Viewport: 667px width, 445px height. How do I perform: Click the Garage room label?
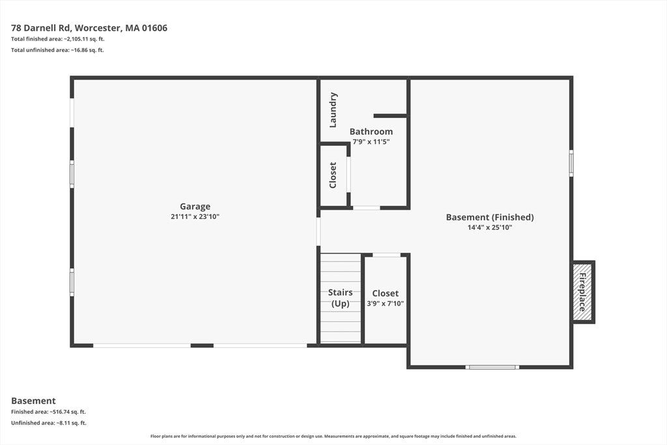point(195,207)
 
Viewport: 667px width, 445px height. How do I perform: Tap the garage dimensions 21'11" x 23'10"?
point(195,216)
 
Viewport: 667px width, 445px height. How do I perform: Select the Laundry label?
point(333,109)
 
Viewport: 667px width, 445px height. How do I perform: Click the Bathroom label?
point(371,132)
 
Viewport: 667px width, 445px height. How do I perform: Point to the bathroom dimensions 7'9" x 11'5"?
point(371,141)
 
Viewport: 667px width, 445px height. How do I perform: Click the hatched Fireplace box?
point(582,292)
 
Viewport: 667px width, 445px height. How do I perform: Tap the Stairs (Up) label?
point(340,298)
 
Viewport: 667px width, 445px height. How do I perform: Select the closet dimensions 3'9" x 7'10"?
point(386,304)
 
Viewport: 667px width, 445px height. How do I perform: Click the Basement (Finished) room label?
point(490,217)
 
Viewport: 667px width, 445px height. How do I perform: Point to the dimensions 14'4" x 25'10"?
point(490,227)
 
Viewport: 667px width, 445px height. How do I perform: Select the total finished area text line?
point(58,39)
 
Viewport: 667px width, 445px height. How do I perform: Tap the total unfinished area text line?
point(57,50)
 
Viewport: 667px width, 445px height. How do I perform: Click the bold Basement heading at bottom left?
point(33,401)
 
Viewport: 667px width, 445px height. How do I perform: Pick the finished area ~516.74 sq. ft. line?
point(48,412)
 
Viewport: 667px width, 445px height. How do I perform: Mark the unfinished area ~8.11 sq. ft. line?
point(48,423)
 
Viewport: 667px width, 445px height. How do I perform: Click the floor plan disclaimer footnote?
point(333,436)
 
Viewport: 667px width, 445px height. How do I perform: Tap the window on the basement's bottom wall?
point(492,367)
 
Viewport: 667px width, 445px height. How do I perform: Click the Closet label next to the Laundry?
point(333,175)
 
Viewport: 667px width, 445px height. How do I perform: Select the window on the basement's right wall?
point(571,163)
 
